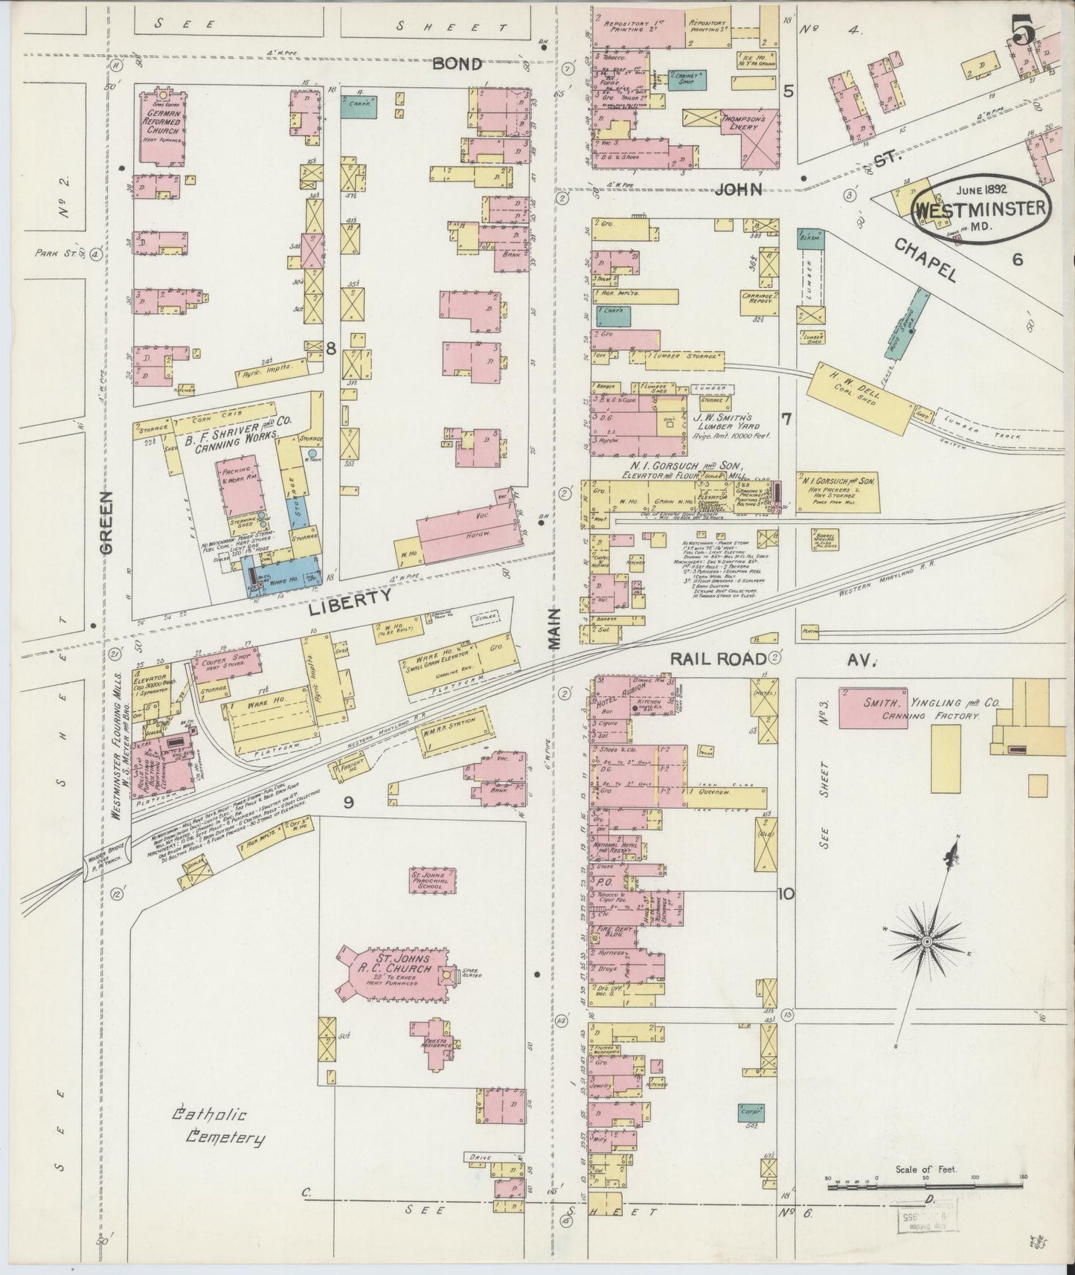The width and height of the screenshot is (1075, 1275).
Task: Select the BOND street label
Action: pos(458,65)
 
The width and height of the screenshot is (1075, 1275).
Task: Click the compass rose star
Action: pos(927,942)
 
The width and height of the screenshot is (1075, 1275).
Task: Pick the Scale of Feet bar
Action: pos(926,1199)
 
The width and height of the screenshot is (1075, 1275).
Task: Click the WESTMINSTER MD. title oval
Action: pos(981,206)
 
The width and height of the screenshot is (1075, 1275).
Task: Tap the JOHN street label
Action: pos(739,190)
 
